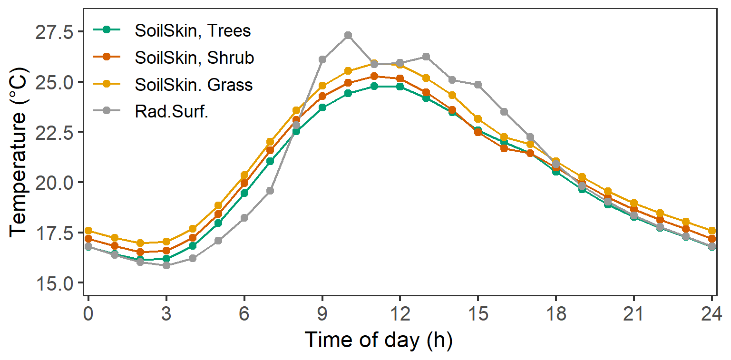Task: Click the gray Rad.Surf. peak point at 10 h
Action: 348,35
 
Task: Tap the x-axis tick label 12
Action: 400,314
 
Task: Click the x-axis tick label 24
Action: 712,314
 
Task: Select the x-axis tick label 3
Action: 166,314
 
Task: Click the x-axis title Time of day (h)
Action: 378,340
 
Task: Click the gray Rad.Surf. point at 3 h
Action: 166,265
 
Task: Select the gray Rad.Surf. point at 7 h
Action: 270,191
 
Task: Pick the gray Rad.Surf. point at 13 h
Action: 426,57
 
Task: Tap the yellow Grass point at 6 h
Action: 244,175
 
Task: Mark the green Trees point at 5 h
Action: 218,223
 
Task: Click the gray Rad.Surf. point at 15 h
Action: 478,85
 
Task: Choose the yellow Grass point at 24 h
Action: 712,231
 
